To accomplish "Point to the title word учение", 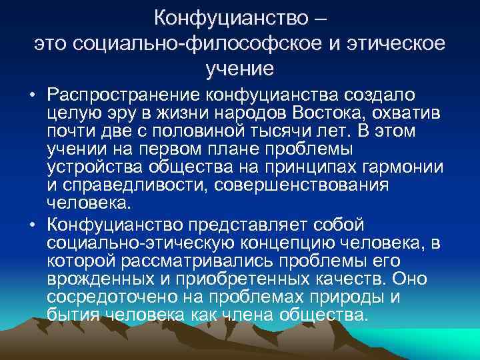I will click(x=239, y=67).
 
